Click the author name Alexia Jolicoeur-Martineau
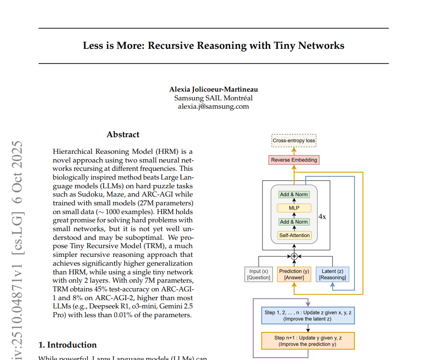tap(214, 89)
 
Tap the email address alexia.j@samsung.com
tap(214, 106)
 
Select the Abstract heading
tap(123, 134)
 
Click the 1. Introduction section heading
tap(67, 345)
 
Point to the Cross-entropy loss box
tap(294, 140)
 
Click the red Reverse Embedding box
tap(294, 160)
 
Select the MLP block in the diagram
tap(294, 208)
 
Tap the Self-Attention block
tap(294, 235)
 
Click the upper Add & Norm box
tap(294, 194)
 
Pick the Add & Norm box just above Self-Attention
tap(294, 222)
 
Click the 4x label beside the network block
tap(322, 216)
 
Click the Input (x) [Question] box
tap(258, 274)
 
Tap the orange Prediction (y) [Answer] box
tap(294, 274)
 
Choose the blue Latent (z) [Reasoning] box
tap(332, 274)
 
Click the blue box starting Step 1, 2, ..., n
tap(308, 316)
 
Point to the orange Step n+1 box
tap(308, 341)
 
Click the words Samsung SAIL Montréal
tap(214, 98)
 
